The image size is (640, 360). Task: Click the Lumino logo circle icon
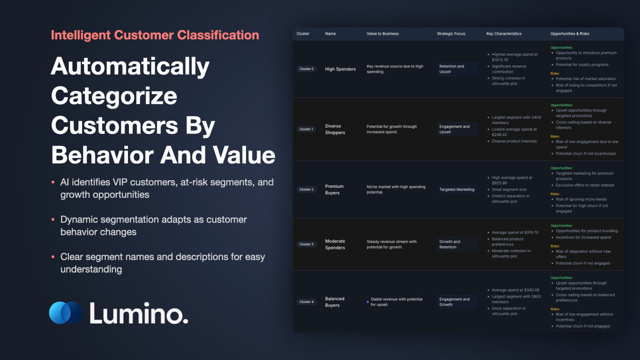tap(66, 312)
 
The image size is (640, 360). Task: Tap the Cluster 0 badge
tap(306, 69)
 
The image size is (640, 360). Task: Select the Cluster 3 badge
tap(306, 244)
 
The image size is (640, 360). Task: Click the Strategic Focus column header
tap(451, 34)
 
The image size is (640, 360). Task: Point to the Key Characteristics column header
tap(504, 34)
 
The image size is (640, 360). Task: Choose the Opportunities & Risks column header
tap(570, 34)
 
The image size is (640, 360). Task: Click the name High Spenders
tap(340, 69)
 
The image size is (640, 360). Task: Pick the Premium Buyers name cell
tap(334, 190)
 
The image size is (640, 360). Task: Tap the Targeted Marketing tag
tap(456, 190)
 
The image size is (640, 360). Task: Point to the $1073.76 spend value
tap(500, 60)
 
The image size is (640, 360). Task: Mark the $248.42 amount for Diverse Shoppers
tap(500, 134)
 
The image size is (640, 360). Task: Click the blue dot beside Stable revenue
tap(368, 302)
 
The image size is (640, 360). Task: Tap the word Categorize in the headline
tap(114, 96)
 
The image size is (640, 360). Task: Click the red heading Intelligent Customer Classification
tap(155, 35)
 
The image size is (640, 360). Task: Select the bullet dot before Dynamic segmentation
tap(53, 220)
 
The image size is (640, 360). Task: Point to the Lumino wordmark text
tap(139, 313)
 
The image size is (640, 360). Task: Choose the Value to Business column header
tap(382, 34)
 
